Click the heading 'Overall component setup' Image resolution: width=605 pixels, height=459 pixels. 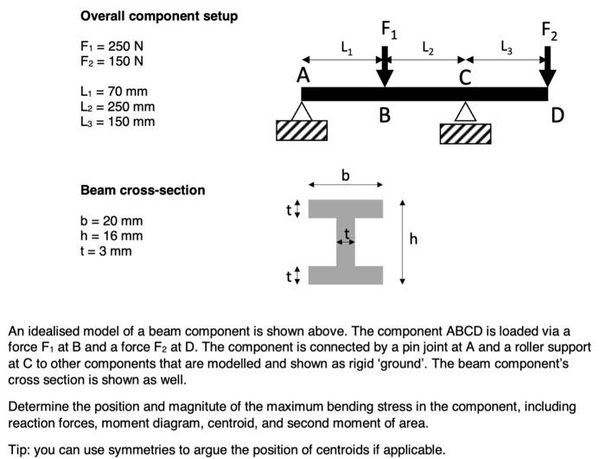[x=159, y=16]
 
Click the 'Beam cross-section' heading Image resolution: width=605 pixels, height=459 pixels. [x=143, y=190]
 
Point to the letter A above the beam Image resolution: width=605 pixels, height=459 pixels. [x=303, y=76]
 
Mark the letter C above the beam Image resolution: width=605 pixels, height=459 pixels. [x=465, y=79]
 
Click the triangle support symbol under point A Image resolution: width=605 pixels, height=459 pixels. [x=301, y=111]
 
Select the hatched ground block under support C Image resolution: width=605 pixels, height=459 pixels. [x=465, y=133]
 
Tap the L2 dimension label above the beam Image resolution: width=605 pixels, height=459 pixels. [x=427, y=48]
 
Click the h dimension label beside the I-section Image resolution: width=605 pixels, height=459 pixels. [x=413, y=240]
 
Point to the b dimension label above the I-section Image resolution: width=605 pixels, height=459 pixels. [x=346, y=175]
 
